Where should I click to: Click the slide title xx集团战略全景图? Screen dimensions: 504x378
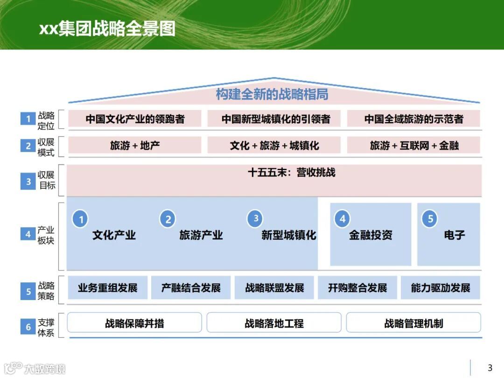pyautogui.click(x=107, y=28)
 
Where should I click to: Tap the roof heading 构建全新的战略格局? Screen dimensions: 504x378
pyautogui.click(x=272, y=94)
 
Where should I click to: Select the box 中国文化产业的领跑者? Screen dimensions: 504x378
pyautogui.click(x=135, y=119)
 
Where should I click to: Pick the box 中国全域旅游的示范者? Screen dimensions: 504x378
pyautogui.click(x=413, y=119)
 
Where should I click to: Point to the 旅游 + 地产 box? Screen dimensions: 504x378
pyautogui.click(x=135, y=146)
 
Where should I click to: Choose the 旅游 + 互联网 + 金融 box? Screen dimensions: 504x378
pyautogui.click(x=413, y=146)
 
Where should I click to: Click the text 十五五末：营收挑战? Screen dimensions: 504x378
pyautogui.click(x=292, y=173)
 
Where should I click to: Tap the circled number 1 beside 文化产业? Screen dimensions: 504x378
pyautogui.click(x=80, y=219)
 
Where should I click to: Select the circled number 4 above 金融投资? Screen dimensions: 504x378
pyautogui.click(x=343, y=219)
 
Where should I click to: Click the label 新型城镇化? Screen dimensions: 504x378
pyautogui.click(x=289, y=235)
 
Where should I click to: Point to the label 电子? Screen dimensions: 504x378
pyautogui.click(x=454, y=235)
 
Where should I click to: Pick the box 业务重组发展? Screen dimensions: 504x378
pyautogui.click(x=108, y=288)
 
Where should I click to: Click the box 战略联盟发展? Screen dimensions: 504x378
pyautogui.click(x=274, y=288)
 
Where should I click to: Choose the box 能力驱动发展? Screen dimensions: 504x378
pyautogui.click(x=441, y=288)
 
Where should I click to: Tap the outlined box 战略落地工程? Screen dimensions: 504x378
pyautogui.click(x=274, y=323)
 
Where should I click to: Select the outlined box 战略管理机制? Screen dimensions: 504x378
pyautogui.click(x=413, y=323)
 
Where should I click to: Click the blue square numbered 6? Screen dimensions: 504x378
pyautogui.click(x=28, y=327)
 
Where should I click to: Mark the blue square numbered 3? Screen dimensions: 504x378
pyautogui.click(x=28, y=182)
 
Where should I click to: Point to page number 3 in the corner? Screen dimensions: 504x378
pyautogui.click(x=490, y=368)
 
